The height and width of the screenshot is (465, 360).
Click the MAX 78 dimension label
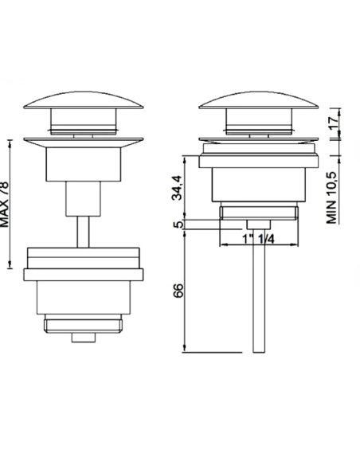click(x=5, y=205)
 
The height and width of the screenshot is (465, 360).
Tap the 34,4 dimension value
click(x=178, y=188)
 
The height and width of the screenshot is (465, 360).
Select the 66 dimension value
click(x=178, y=291)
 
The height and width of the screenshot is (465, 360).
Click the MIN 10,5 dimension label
click(x=332, y=197)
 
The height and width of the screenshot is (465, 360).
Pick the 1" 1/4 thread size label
click(x=259, y=239)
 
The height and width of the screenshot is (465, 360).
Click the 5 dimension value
click(x=178, y=225)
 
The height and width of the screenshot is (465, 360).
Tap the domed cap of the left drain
click(x=84, y=100)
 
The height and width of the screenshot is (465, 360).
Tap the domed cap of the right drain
click(x=259, y=100)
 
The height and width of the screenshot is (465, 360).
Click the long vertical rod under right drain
click(x=259, y=291)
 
